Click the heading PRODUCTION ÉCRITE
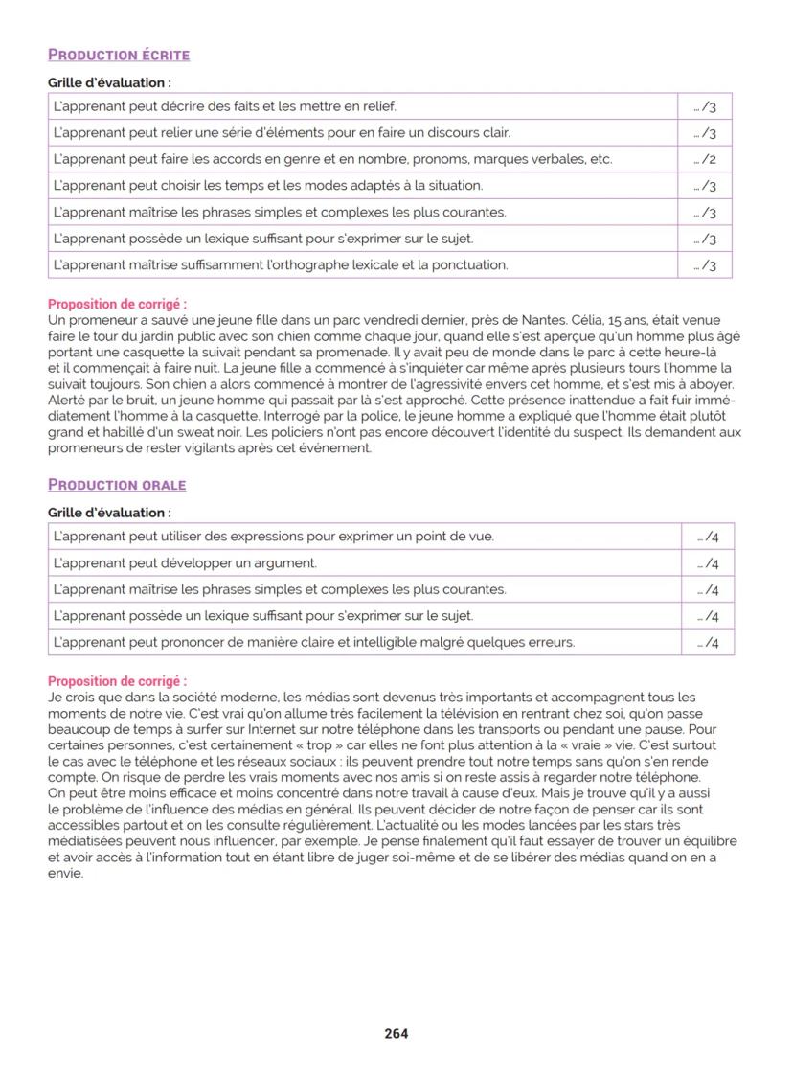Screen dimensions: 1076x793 [119, 55]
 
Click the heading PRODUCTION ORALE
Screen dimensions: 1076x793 [117, 485]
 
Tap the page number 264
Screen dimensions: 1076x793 [396, 1033]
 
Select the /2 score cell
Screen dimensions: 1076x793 [705, 159]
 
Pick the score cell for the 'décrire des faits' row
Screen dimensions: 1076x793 [705, 106]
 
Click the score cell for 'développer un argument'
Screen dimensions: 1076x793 [708, 563]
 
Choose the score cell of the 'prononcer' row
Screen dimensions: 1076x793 [708, 642]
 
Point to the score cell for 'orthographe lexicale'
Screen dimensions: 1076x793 [705, 265]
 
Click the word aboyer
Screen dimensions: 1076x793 [710, 384]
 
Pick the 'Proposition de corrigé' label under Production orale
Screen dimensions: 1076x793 [117, 681]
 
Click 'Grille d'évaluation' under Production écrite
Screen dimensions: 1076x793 [109, 83]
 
